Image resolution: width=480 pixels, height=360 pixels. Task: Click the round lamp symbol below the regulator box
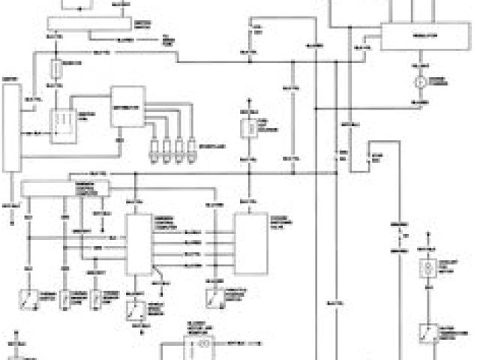(x=421, y=80)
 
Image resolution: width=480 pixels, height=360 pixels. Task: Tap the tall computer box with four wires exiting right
(x=137, y=244)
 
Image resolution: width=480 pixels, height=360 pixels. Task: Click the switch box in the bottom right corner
(x=427, y=332)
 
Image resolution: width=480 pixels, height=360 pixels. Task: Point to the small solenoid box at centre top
(x=247, y=128)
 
